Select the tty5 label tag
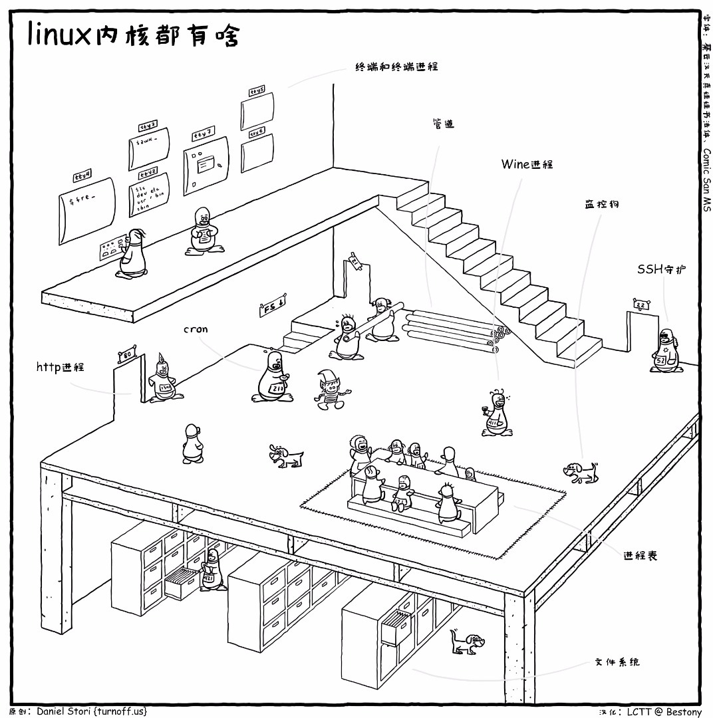(257, 90)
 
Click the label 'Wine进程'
(527, 164)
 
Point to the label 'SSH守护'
(661, 269)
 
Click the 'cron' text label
(196, 329)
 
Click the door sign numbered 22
(640, 305)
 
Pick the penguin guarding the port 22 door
(664, 352)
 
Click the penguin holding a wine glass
(496, 416)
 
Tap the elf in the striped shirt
(329, 390)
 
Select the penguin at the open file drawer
(212, 570)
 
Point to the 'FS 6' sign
(272, 307)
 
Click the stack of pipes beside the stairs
(452, 329)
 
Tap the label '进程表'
(640, 556)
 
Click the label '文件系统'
(617, 662)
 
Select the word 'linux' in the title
(57, 35)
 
